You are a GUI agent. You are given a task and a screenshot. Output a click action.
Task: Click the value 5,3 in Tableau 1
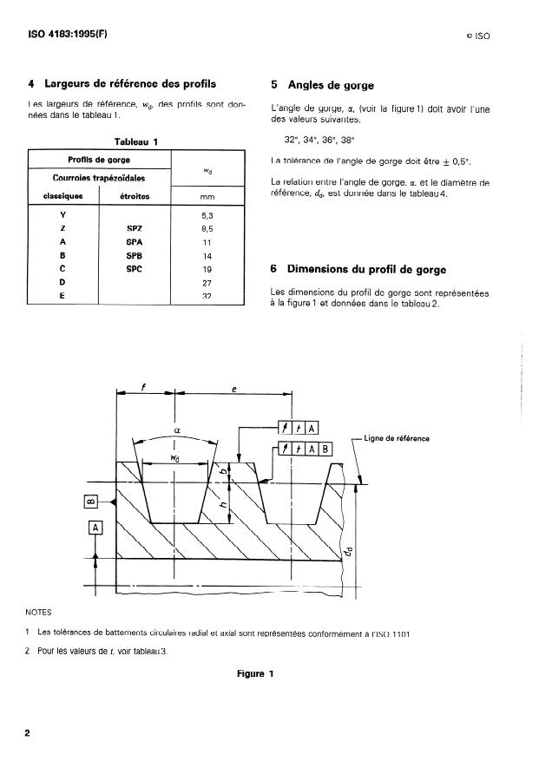click(x=207, y=213)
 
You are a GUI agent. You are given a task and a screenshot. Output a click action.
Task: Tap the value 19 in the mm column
click(x=207, y=269)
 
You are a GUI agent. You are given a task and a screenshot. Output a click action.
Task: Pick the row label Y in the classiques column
click(x=62, y=213)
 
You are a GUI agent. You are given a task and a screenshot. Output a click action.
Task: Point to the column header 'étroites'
click(x=134, y=196)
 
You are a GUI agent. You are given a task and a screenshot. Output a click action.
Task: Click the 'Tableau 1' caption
click(x=136, y=141)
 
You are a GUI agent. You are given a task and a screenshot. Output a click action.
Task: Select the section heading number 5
click(x=275, y=85)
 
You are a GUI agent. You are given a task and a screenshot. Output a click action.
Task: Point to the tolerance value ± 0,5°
click(x=457, y=161)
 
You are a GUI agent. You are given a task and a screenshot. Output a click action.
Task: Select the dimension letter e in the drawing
click(x=234, y=390)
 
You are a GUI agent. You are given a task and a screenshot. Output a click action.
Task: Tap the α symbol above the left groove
click(x=176, y=428)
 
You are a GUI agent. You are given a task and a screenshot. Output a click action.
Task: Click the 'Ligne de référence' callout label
click(x=398, y=438)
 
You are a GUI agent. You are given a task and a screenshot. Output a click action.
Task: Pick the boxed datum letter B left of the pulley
click(x=89, y=500)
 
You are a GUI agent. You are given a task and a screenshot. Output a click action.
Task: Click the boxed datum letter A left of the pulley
click(x=95, y=527)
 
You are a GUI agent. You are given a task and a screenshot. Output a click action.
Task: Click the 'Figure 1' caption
click(x=255, y=673)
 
